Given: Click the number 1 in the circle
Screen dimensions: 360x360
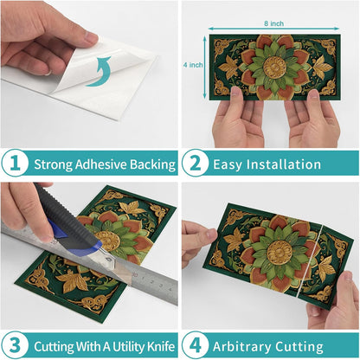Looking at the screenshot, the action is (15, 164).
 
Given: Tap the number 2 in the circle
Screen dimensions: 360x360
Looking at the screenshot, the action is (196, 164).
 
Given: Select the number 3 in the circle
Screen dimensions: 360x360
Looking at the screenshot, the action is (15, 345).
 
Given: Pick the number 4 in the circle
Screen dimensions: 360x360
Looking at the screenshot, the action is (196, 345).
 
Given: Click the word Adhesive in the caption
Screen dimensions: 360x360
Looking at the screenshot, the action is (100, 164).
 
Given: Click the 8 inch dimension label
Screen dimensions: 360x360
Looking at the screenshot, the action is (273, 23).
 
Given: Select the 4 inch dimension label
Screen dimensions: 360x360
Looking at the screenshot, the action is (193, 65).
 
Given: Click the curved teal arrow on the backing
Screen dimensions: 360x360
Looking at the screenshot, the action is (99, 72).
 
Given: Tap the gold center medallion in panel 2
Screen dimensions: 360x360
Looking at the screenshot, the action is (274, 67).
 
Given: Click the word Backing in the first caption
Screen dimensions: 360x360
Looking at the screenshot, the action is (152, 165).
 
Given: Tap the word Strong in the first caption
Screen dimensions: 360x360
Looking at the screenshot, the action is (53, 165).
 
